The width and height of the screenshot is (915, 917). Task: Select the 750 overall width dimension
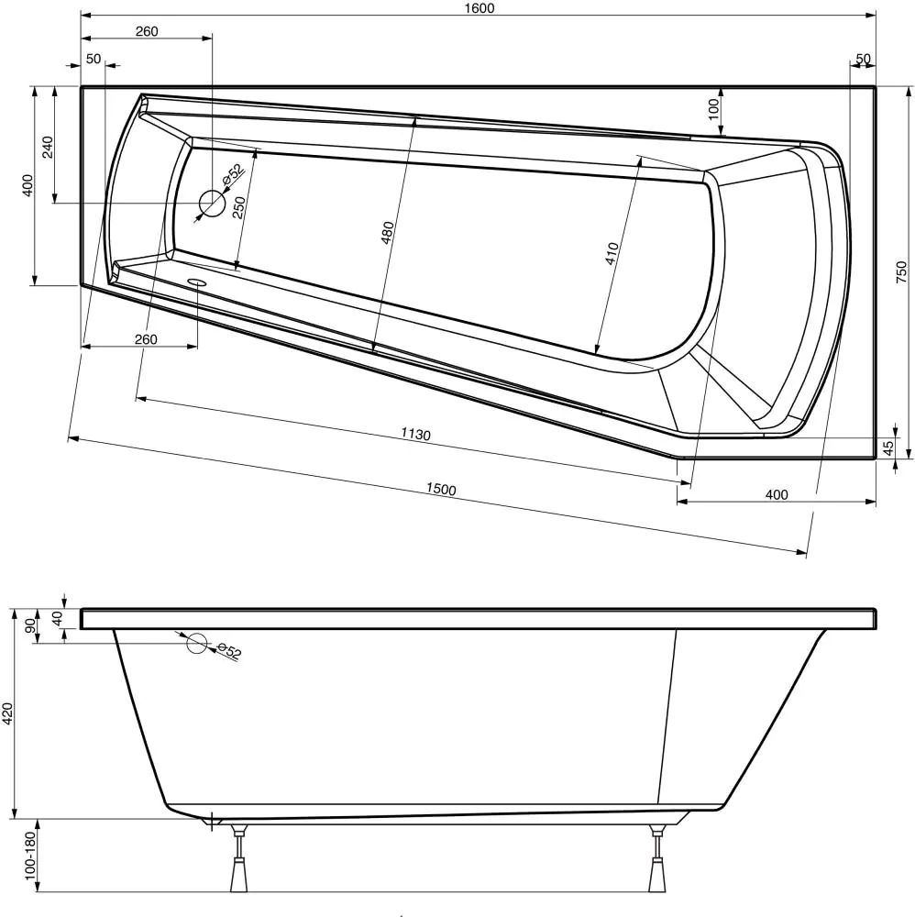pos(901,272)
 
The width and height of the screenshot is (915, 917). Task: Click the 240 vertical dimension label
pos(48,146)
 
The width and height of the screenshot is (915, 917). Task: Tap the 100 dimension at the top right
pos(713,108)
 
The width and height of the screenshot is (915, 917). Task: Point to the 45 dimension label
pos(887,447)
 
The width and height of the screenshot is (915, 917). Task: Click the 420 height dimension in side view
pos(8,713)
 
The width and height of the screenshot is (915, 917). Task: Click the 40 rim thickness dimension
pos(57,619)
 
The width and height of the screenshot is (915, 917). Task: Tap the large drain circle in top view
pos(212,203)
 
